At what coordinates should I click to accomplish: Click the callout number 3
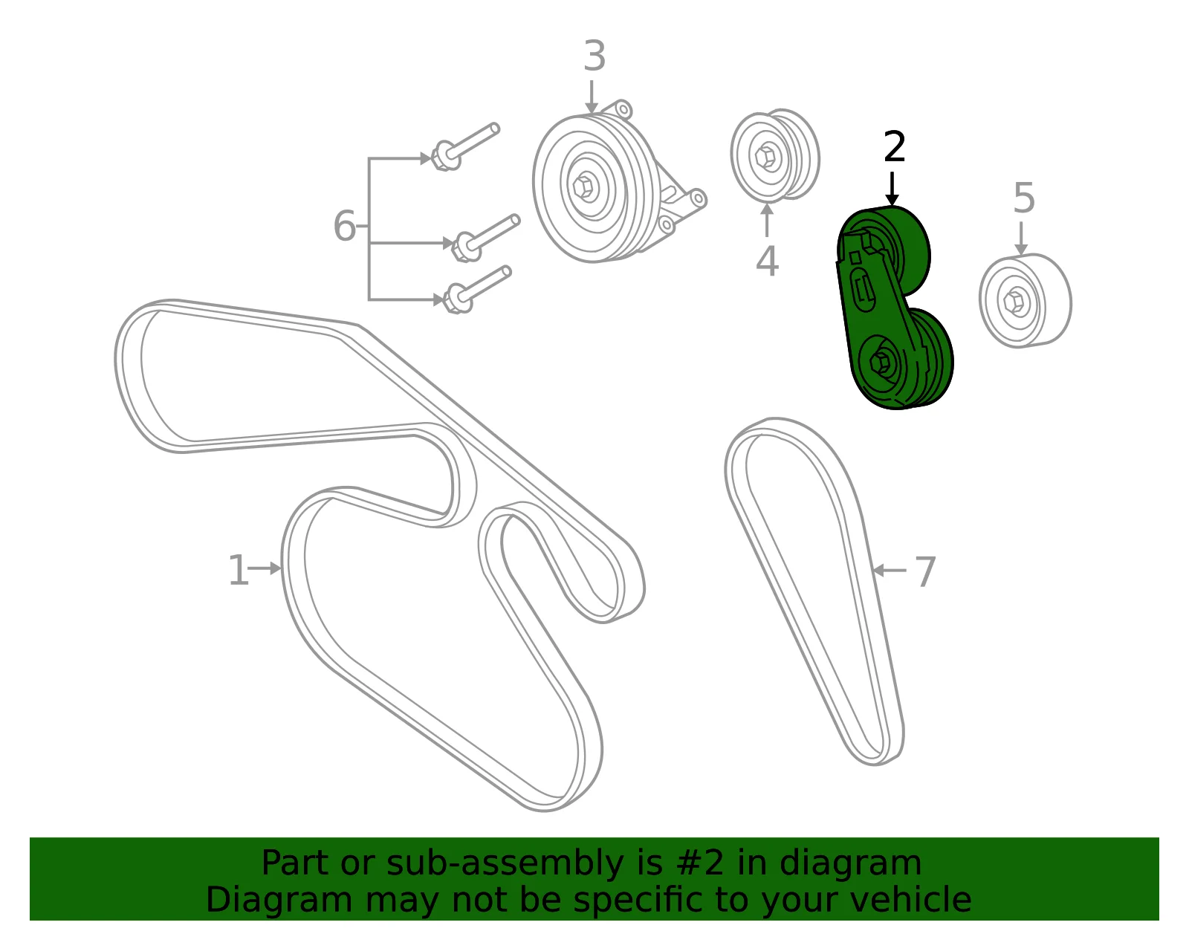click(x=594, y=56)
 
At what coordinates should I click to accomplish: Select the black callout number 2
click(x=894, y=146)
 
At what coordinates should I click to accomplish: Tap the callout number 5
click(x=1024, y=198)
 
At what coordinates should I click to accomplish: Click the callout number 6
click(x=344, y=225)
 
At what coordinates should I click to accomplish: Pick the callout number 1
click(x=238, y=570)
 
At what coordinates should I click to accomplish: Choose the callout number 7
click(x=925, y=572)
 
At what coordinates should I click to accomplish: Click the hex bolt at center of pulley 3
click(x=583, y=186)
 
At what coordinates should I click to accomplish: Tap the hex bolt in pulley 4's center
click(x=765, y=157)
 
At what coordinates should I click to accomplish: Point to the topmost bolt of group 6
click(x=465, y=147)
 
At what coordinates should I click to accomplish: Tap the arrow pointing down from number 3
click(x=591, y=97)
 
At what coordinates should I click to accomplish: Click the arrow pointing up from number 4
click(x=767, y=220)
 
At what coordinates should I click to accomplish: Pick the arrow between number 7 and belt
click(x=889, y=571)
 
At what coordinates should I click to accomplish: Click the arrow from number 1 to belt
click(x=265, y=568)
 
